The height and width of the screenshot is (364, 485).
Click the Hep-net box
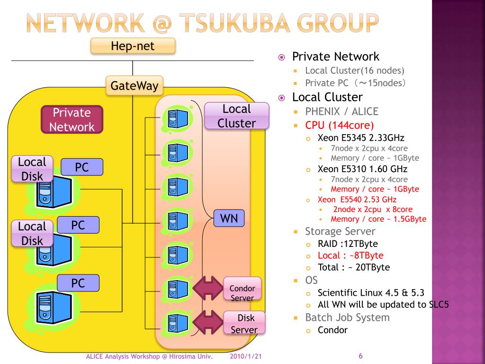[x=133, y=46]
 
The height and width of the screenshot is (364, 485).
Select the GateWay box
[x=134, y=85]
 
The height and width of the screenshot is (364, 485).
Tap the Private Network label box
[x=72, y=119]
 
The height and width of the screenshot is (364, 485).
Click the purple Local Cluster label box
[x=237, y=116]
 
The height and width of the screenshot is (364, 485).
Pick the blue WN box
[x=229, y=218]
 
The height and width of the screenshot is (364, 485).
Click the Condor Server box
[x=242, y=289]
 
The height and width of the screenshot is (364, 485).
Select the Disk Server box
[x=244, y=323]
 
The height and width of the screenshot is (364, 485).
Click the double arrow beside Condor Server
[x=208, y=289]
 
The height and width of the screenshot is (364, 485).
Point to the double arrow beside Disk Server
[x=208, y=322]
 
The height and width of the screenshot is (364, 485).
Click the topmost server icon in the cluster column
[x=177, y=118]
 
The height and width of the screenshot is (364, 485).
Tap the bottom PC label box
[x=78, y=283]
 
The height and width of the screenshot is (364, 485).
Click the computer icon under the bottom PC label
[x=54, y=307]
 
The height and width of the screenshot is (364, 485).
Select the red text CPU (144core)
[x=339, y=125]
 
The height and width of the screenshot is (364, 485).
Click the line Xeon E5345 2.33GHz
[x=361, y=138]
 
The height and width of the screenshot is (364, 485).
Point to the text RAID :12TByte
[x=348, y=244]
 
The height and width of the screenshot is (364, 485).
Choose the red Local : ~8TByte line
[x=350, y=255]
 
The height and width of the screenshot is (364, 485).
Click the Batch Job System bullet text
[x=347, y=318]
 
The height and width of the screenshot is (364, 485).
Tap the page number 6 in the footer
[x=360, y=356]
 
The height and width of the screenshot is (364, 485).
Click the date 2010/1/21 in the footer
[x=246, y=356]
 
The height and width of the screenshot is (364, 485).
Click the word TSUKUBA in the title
[x=235, y=23]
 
